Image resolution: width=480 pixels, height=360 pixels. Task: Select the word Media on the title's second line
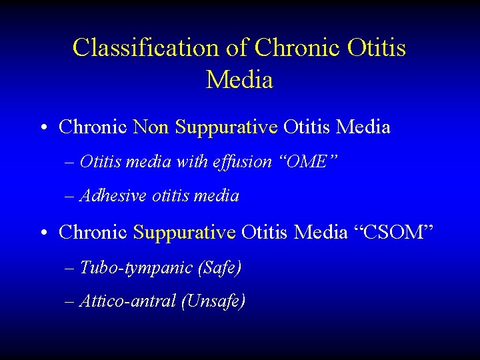(x=239, y=80)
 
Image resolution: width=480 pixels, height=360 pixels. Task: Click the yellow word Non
(x=151, y=127)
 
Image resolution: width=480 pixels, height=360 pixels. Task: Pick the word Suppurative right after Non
(x=226, y=127)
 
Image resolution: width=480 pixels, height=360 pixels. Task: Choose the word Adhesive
(x=113, y=196)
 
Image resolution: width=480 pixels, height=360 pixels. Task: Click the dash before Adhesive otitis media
(x=71, y=197)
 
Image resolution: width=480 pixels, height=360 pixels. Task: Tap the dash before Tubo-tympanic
(x=71, y=269)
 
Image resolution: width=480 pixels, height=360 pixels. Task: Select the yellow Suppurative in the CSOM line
(x=185, y=233)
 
